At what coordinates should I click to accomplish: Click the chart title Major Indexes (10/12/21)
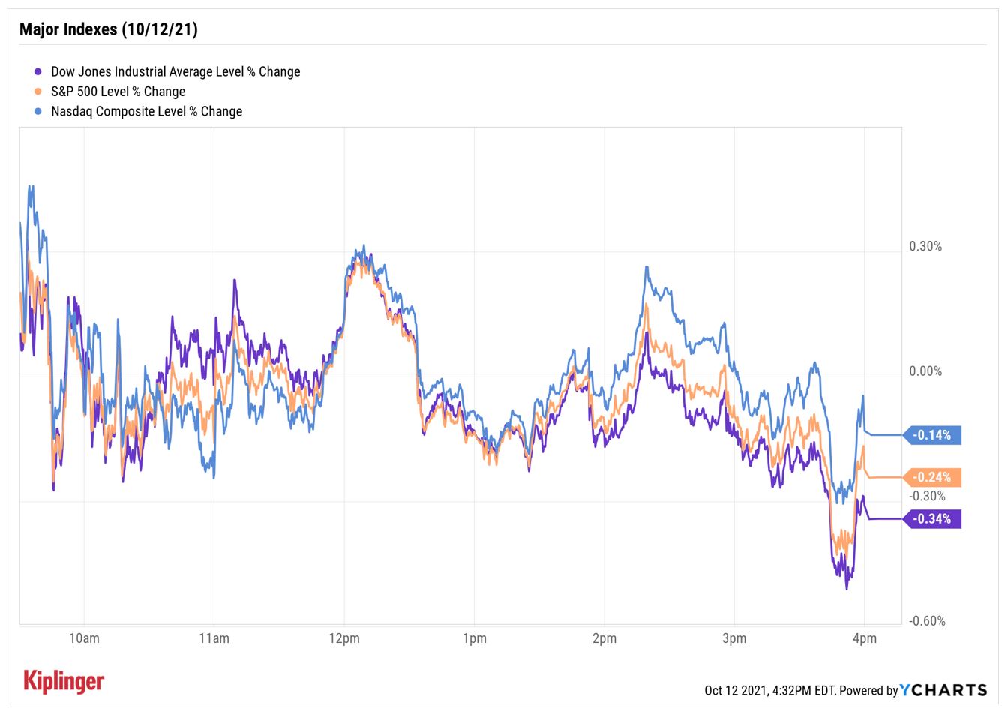[108, 29]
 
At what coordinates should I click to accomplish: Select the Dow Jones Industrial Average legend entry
[175, 71]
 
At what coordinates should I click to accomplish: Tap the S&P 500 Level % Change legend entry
[118, 92]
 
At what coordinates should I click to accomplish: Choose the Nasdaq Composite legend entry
[146, 111]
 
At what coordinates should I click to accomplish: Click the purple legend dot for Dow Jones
[37, 72]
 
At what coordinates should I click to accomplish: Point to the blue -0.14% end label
[932, 435]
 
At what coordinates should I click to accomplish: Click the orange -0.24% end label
[932, 477]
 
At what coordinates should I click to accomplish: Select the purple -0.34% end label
[932, 519]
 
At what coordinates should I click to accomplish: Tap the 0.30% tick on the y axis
[925, 246]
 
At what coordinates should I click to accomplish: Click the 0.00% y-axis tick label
[925, 371]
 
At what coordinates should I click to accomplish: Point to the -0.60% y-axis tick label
[927, 620]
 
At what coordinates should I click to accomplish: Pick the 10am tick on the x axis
[84, 639]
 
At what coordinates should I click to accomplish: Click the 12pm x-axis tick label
[344, 639]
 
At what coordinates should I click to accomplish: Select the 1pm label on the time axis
[474, 639]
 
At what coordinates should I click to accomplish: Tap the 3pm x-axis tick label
[734, 639]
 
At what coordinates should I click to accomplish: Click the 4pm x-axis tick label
[865, 639]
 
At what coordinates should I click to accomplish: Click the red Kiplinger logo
[64, 680]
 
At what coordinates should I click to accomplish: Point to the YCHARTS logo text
[943, 690]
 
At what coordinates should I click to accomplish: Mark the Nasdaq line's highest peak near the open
[31, 186]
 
